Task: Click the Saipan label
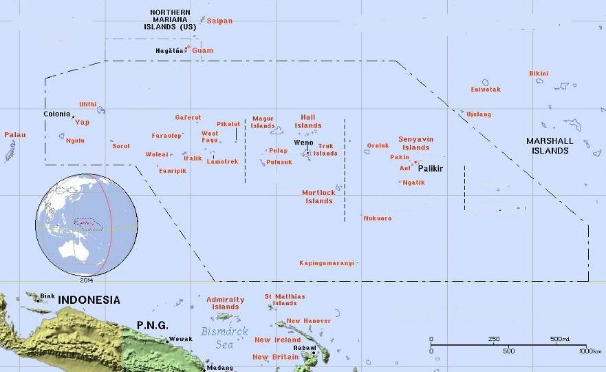coord(220,21)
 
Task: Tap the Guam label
coord(203,50)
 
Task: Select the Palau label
coord(15,135)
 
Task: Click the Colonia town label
coord(56,114)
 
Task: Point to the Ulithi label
coord(88,104)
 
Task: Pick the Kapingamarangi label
coord(327,262)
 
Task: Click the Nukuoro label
coord(378,218)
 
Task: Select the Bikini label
coord(539,73)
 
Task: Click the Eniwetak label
coord(486,90)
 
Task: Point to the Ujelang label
coord(479,114)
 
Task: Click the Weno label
coord(303,142)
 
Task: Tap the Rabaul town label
coord(304,348)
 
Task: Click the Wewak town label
coord(180,339)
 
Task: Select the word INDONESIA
coord(89,300)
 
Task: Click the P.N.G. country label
coord(152,324)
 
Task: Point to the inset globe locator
coord(86,225)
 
